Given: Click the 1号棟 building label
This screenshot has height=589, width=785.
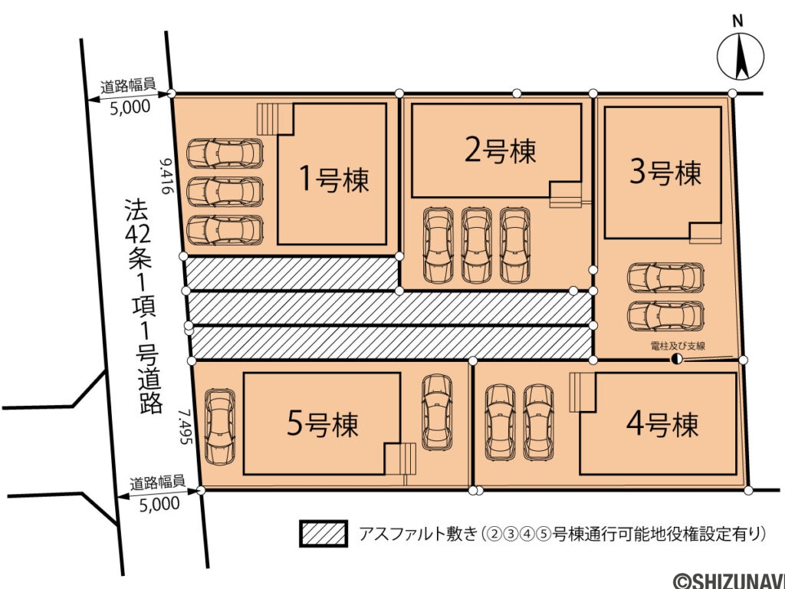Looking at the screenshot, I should tap(333, 179).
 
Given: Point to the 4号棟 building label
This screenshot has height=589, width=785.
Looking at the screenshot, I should tap(662, 423).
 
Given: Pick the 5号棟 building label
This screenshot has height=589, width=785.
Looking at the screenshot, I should tap(323, 424).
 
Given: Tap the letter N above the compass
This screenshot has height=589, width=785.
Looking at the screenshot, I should tap(737, 21).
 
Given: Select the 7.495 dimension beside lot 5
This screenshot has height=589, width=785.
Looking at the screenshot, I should tap(184, 431).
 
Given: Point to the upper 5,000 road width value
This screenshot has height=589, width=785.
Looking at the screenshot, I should tap(130, 108).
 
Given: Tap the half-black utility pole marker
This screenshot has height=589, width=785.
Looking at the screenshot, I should tap(676, 359).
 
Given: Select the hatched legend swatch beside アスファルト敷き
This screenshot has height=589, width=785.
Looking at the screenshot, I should tap(324, 534).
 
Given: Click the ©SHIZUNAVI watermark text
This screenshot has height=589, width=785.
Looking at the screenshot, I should tap(728, 579).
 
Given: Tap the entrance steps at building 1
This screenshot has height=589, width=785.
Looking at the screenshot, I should tap(274, 120).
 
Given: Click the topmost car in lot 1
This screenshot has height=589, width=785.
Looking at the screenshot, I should tap(225, 153).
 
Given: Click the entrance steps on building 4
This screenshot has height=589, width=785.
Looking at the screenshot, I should tap(581, 391).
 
